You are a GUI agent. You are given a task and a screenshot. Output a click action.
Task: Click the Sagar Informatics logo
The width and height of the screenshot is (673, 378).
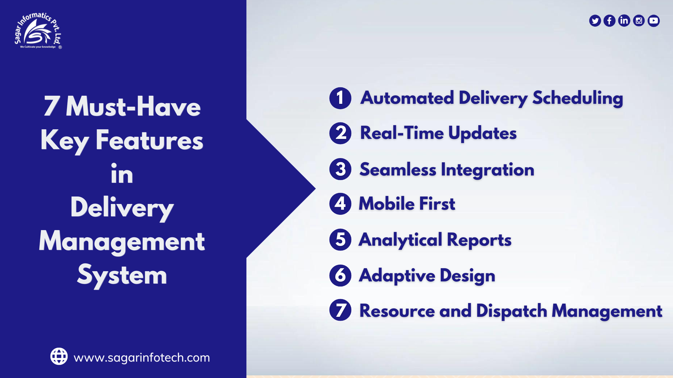(x=38, y=31)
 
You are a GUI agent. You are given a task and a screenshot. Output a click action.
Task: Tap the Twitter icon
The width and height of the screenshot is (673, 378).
(x=595, y=21)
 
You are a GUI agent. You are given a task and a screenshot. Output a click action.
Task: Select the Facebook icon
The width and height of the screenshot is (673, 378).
(x=609, y=21)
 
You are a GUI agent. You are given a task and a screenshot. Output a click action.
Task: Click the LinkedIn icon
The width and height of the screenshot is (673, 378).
(x=624, y=21)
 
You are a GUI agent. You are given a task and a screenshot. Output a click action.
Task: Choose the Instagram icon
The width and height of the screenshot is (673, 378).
(x=639, y=21)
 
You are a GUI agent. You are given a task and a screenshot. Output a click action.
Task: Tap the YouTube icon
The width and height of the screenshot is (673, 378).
(x=653, y=21)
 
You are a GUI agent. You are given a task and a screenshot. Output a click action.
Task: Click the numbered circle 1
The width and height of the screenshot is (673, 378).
(x=340, y=98)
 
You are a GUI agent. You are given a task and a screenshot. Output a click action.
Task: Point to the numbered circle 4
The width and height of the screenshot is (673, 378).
(x=340, y=204)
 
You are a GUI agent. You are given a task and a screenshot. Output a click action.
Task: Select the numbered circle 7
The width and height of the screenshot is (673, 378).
(x=340, y=310)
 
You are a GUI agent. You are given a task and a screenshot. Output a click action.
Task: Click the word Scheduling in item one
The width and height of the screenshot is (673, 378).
(x=577, y=98)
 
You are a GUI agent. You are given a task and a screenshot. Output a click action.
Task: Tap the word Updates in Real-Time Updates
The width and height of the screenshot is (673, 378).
(x=482, y=133)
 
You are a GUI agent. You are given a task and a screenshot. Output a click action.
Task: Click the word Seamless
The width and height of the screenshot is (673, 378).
(x=398, y=169)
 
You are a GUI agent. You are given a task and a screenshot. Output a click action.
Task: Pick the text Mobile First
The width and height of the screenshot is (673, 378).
(x=407, y=204)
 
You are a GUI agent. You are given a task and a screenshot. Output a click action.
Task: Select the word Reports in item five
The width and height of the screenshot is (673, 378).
(x=479, y=240)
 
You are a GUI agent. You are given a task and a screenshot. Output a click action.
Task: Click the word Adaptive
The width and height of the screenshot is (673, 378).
(x=397, y=275)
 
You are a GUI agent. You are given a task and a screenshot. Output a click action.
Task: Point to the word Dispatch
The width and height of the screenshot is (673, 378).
(x=511, y=311)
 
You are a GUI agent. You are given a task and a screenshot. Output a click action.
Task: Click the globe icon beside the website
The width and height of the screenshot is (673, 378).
(x=59, y=356)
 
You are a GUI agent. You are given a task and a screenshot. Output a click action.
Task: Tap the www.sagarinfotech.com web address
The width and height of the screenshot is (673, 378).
(x=142, y=358)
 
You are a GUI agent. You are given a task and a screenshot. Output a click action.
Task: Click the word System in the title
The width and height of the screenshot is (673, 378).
(x=122, y=275)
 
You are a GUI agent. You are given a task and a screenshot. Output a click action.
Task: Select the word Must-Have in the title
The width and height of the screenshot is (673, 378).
(x=133, y=106)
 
